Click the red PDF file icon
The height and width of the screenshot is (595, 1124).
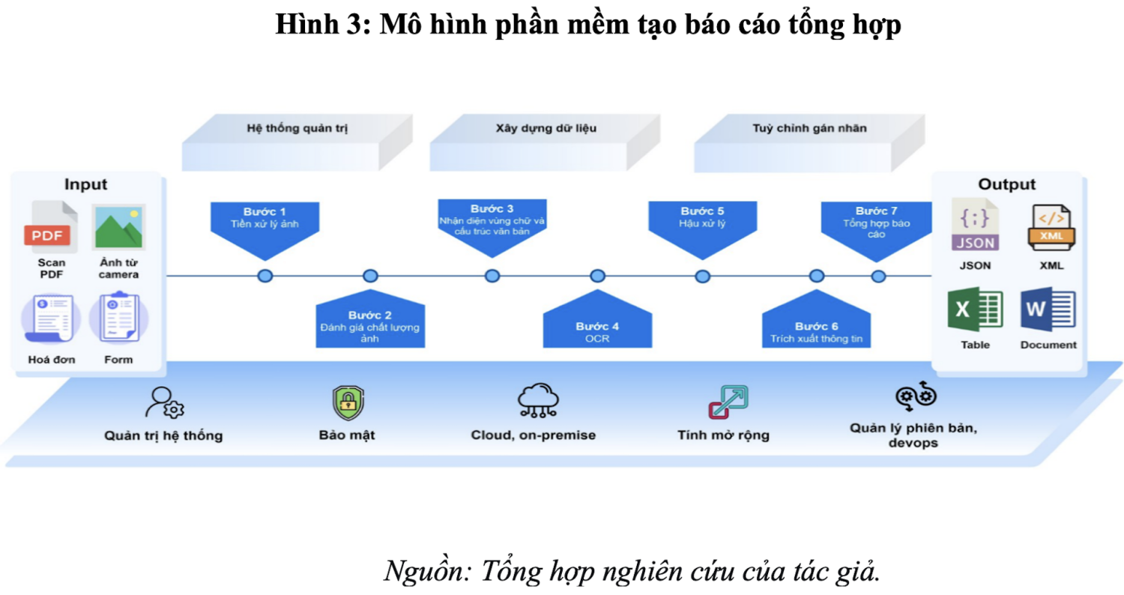pos(50,228)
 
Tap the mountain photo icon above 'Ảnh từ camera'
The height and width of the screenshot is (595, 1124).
pos(118,227)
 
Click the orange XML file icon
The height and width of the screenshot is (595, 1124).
pos(1049,227)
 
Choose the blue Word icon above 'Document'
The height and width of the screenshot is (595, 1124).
pos(1048,309)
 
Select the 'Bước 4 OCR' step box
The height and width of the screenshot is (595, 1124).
pos(597,328)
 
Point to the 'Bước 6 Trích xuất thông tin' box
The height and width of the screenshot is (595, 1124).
pos(816,330)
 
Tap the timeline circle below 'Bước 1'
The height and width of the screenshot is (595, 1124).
pos(265,276)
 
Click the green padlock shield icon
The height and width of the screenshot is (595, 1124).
pos(348,402)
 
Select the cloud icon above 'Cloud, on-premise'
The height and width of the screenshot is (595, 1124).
pos(538,401)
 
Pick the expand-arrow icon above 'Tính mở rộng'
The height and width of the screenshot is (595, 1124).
pos(728,402)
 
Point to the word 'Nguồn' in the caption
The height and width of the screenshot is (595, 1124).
pos(426,571)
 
